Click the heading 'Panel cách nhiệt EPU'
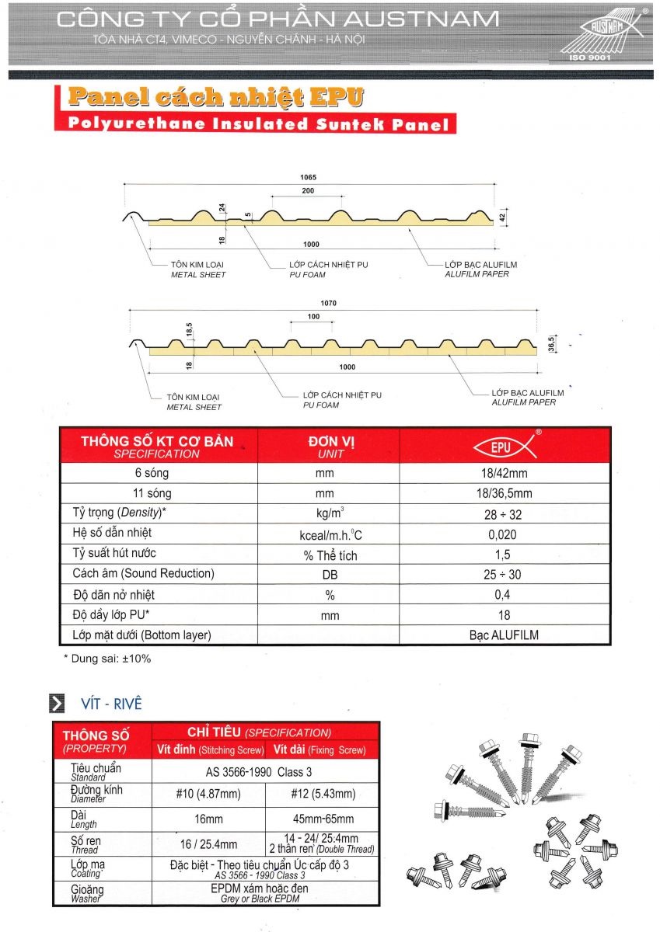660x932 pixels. point(215,97)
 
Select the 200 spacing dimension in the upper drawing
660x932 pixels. point(309,190)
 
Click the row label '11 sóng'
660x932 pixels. point(153,493)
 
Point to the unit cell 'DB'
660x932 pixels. point(330,575)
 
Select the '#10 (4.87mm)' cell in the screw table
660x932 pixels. point(208,794)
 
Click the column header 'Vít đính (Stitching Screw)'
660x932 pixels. point(208,750)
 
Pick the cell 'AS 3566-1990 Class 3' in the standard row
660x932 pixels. point(265,772)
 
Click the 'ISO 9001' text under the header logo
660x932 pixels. point(592,57)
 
